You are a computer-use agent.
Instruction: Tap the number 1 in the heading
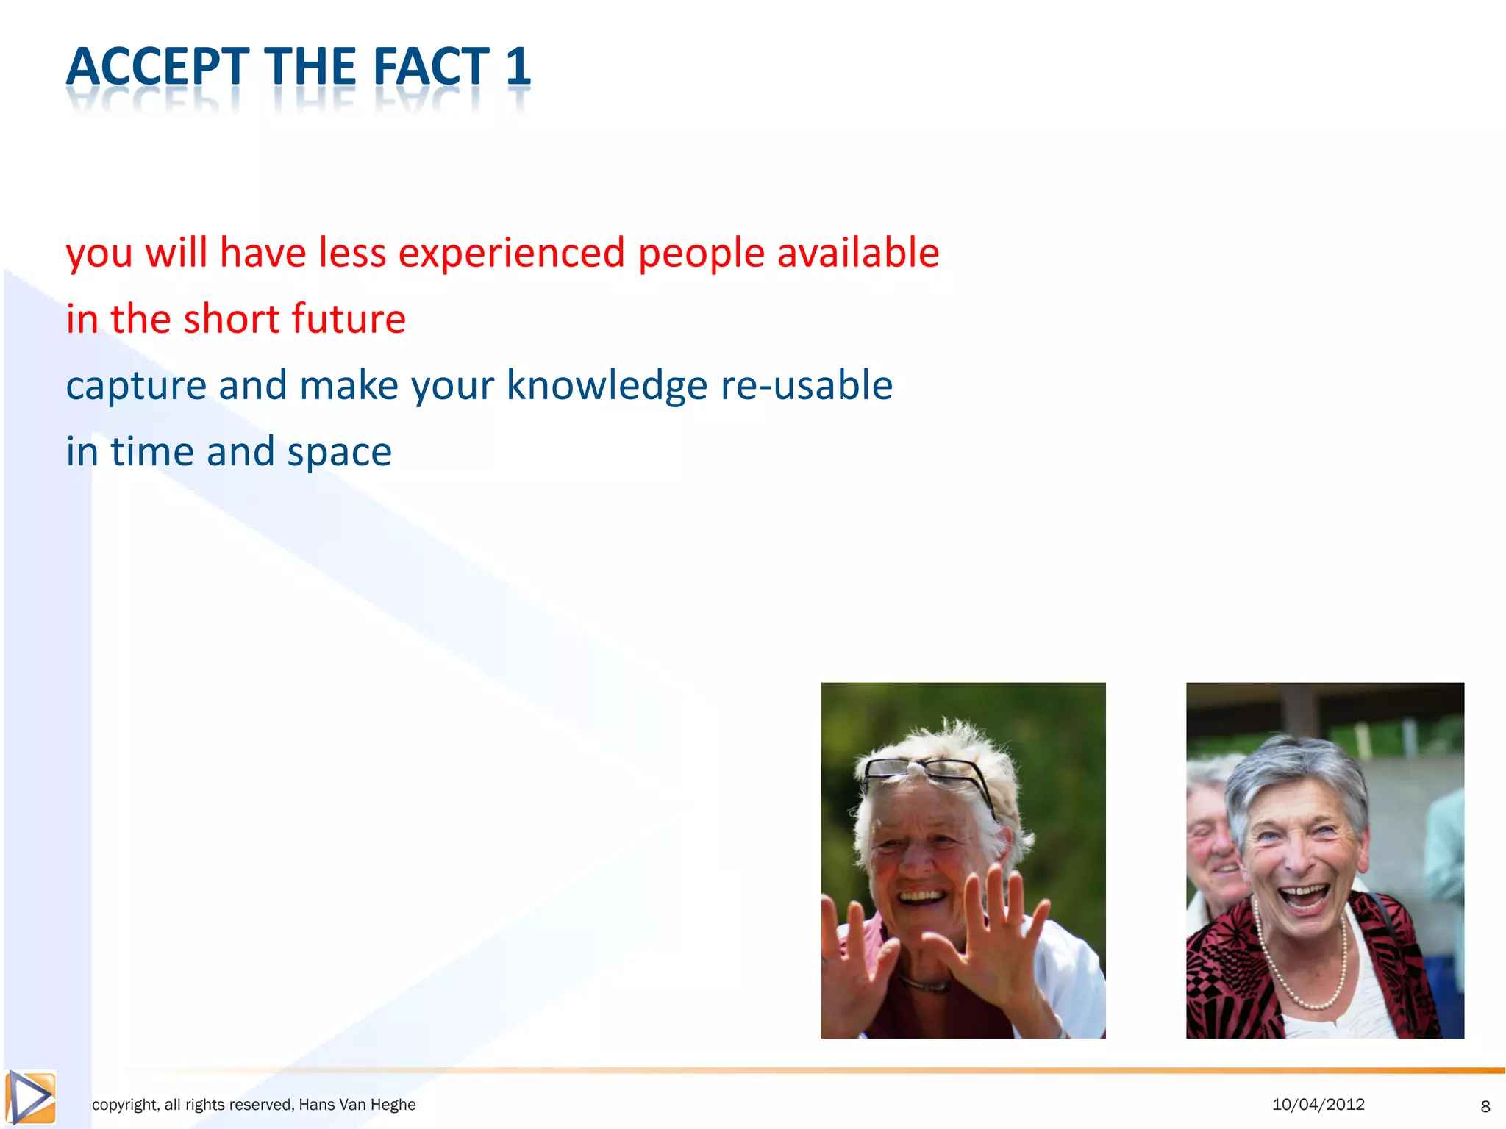click(518, 67)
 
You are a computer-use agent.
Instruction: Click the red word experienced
click(511, 254)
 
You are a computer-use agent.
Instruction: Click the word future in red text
click(348, 319)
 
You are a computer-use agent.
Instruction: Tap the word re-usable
click(806, 385)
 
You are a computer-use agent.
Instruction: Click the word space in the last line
click(339, 453)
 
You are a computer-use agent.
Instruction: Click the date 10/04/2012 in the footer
click(1318, 1104)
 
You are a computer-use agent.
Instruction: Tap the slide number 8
click(1485, 1106)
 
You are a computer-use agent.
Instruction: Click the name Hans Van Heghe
click(357, 1105)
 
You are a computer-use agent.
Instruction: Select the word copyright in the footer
click(124, 1105)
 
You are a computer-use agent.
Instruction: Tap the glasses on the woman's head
click(928, 776)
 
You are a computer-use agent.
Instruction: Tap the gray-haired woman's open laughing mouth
click(1303, 898)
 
